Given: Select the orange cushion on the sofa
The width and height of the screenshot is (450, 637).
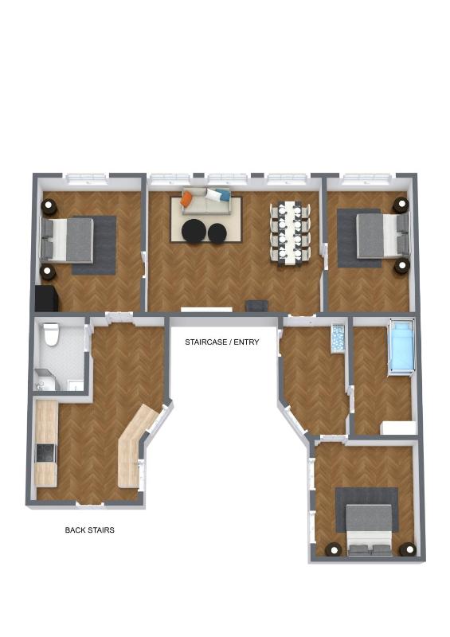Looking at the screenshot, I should pos(186,200).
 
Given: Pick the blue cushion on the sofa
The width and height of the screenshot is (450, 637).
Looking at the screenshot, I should pos(224,194).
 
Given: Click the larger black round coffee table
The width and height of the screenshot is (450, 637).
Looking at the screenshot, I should pos(194,232).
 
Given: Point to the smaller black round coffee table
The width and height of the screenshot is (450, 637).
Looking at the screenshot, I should pos(217,233).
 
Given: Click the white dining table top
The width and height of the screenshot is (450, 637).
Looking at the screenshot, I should pos(289,231).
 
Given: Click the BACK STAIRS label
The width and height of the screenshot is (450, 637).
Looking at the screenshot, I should pos(89,529).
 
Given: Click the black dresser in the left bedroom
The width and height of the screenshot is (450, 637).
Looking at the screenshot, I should pos(46,299).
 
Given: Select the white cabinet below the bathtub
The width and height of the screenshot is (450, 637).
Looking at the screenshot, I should pos(398,428).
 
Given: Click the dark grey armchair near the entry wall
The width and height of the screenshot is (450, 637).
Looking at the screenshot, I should pos(256,305).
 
